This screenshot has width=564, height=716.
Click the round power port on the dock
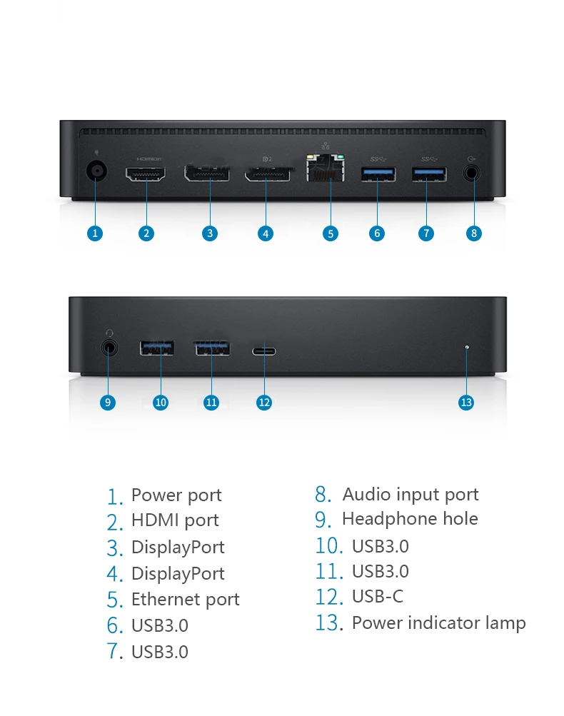(x=96, y=172)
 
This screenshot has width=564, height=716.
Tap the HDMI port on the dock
(x=146, y=173)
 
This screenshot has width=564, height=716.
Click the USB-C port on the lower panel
(x=264, y=351)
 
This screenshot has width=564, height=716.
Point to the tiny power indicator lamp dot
(x=466, y=348)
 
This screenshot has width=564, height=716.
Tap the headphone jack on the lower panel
(x=109, y=348)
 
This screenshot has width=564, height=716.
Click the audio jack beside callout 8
(x=471, y=173)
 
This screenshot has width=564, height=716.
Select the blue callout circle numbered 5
(x=330, y=233)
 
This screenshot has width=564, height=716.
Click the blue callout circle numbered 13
(x=466, y=403)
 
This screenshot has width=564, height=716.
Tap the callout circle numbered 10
(x=161, y=403)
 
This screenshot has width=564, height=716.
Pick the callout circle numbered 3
(x=209, y=233)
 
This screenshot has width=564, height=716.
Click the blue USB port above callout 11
(x=212, y=348)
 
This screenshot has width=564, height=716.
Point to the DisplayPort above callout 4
(x=267, y=173)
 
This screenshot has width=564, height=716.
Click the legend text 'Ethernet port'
(x=185, y=600)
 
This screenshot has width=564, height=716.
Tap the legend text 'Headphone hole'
(x=410, y=519)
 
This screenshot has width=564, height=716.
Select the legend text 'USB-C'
(x=378, y=596)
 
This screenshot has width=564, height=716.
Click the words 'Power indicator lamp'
(x=438, y=622)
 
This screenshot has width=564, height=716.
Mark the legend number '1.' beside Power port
(x=115, y=496)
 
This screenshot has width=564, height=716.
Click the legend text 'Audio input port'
(x=411, y=494)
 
